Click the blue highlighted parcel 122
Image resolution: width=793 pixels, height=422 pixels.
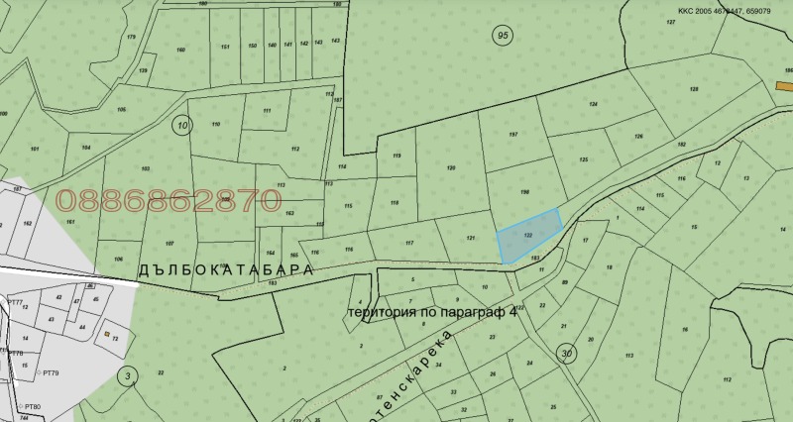click(x=528, y=235)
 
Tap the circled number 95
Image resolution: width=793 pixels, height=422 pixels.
click(x=502, y=36)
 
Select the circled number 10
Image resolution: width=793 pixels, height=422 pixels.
click(x=180, y=124)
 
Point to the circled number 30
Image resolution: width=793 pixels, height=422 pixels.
click(x=566, y=354)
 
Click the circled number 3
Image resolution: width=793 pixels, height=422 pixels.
click(x=127, y=375)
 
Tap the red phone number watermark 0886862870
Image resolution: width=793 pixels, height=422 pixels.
click(x=168, y=200)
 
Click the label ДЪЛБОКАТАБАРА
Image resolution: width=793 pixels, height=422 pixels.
click(x=225, y=269)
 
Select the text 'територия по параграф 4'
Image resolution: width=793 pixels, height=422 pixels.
click(x=432, y=313)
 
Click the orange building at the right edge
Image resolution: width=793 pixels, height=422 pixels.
click(x=783, y=86)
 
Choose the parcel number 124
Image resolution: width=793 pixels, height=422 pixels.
click(x=594, y=104)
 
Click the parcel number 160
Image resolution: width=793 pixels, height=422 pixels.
click(x=180, y=49)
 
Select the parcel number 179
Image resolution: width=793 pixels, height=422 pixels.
click(x=131, y=37)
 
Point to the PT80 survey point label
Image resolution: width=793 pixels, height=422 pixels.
click(x=33, y=407)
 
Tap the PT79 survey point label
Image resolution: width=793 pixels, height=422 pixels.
click(x=50, y=372)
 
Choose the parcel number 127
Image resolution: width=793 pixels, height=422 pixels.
click(x=670, y=21)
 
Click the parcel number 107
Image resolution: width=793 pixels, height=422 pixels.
click(x=170, y=243)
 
